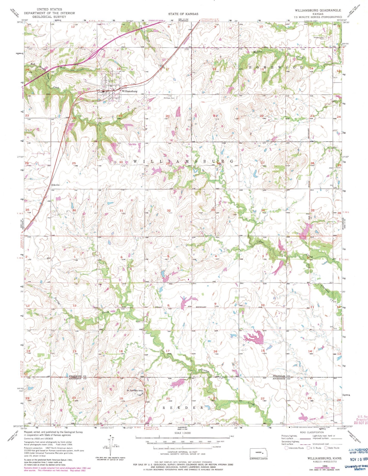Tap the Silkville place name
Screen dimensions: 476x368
55,185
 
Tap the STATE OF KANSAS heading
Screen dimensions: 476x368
183,14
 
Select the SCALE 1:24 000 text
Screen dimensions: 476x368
183,433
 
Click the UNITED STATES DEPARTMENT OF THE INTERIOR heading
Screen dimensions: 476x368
50,13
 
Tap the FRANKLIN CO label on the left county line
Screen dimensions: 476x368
76,376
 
